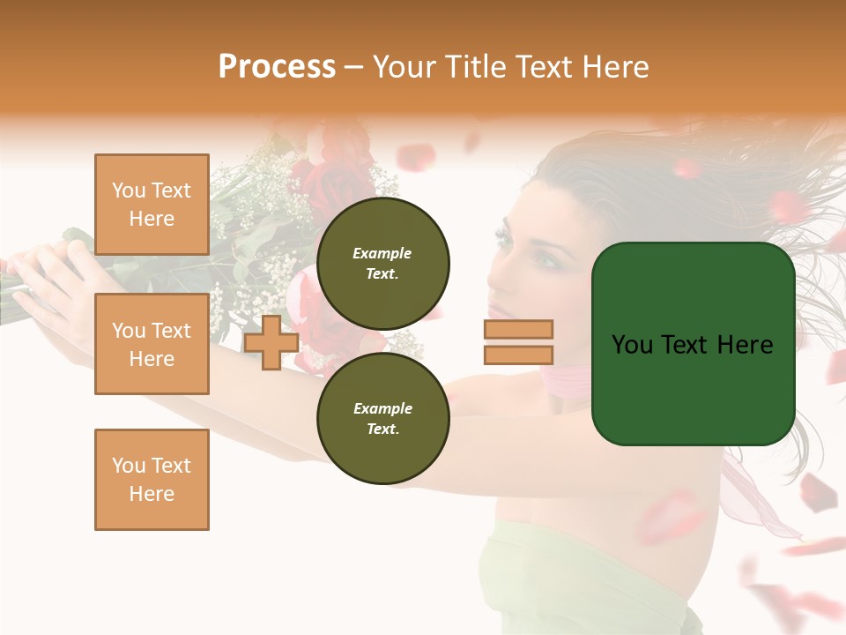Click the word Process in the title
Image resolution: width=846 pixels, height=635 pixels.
(x=277, y=67)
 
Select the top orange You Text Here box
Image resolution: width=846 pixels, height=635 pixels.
(x=152, y=205)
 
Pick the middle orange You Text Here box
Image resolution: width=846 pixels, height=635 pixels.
(x=152, y=344)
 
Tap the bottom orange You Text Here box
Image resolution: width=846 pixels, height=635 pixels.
(x=152, y=479)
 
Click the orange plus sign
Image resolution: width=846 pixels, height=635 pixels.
(x=271, y=342)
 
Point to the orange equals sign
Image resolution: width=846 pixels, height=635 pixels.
(x=518, y=342)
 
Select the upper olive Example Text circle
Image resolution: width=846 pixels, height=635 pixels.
(x=382, y=263)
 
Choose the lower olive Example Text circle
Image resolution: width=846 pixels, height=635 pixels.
(x=382, y=418)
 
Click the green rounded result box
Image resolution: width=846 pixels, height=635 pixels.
(x=693, y=344)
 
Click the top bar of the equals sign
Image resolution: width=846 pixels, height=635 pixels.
(x=518, y=329)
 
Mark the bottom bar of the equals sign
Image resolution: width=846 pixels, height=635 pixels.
(x=518, y=355)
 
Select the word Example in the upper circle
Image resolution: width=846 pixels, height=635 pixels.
(x=382, y=253)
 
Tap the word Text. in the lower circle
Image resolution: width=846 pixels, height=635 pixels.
(x=382, y=429)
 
